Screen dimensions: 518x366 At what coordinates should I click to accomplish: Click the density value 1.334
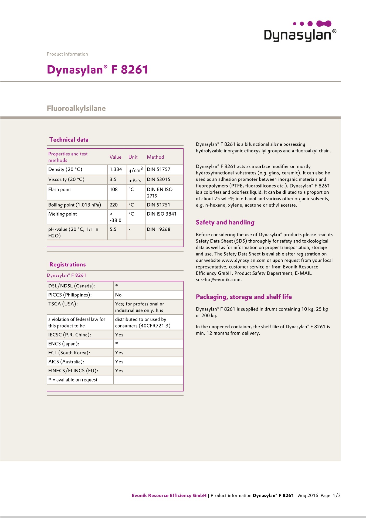point(116,169)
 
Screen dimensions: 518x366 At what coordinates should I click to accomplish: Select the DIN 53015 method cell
point(158,179)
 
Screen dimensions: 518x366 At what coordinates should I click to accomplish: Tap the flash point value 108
point(114,189)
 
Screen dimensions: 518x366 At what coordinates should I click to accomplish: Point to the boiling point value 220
point(114,205)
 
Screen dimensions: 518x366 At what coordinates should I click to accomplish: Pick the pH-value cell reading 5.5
point(113,229)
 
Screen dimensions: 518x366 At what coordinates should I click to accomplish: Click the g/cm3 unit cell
point(135,170)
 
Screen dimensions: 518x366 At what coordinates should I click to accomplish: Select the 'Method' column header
point(155,157)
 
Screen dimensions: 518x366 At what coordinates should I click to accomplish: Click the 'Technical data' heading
point(69,140)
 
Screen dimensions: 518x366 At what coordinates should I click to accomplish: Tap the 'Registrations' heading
point(67,265)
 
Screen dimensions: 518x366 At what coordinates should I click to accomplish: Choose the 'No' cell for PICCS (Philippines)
point(118,295)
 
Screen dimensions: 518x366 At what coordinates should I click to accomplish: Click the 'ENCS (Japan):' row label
point(64,344)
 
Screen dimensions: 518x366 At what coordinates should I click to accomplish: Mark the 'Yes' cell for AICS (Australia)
point(119,362)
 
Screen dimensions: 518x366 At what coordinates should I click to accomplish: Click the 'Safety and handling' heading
point(225,223)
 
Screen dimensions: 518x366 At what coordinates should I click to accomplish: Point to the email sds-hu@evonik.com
point(218,280)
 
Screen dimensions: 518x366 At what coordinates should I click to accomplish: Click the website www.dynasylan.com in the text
point(243,260)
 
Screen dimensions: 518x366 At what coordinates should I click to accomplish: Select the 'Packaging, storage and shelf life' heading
point(244,297)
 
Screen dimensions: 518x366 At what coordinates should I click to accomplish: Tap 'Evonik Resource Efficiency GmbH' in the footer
point(169,495)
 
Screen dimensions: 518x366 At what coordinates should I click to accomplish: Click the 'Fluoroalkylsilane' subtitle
point(76,108)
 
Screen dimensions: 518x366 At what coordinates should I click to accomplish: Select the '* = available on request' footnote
point(73,380)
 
